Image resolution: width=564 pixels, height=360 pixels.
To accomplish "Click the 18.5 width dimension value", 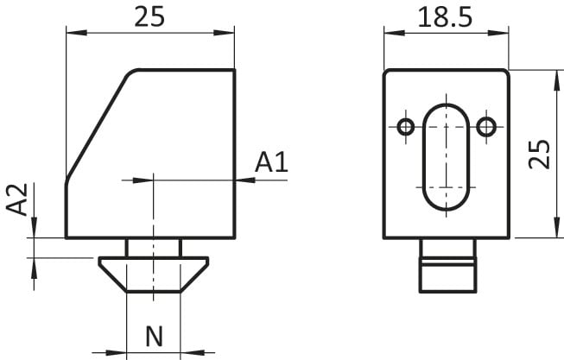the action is click(445, 17).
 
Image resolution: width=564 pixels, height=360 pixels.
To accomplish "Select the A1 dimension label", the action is click(271, 162).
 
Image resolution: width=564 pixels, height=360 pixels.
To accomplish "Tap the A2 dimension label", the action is click(17, 199).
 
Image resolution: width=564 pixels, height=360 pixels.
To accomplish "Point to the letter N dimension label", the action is click(155, 337).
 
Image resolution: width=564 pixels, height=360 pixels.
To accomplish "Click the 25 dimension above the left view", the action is click(149, 17).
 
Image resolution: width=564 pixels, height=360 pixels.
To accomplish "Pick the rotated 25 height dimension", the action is click(539, 154).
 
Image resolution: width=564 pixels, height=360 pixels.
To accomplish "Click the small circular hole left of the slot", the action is click(406, 127).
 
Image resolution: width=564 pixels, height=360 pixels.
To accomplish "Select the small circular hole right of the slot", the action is click(486, 127).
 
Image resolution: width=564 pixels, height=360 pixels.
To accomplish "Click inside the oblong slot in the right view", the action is click(446, 157).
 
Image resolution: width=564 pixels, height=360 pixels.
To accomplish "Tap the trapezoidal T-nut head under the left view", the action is click(154, 275).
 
